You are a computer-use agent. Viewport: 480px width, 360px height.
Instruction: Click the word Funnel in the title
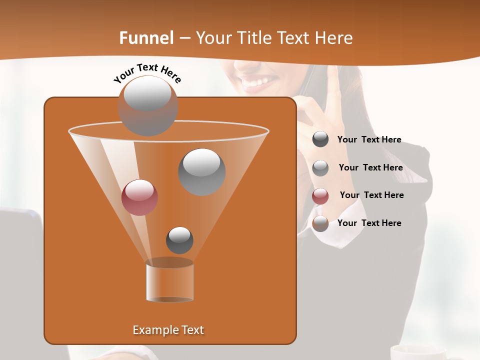click(x=146, y=38)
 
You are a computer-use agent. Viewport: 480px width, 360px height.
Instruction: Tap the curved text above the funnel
click(x=147, y=73)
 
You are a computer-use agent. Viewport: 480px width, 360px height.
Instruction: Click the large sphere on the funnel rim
click(x=147, y=105)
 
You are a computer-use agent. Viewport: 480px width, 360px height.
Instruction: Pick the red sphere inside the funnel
click(x=139, y=197)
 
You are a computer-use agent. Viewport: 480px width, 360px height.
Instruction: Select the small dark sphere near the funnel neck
click(x=179, y=240)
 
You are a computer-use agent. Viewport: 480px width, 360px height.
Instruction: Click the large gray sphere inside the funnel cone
click(x=201, y=172)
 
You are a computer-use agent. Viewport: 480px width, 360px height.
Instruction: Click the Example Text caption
click(x=168, y=330)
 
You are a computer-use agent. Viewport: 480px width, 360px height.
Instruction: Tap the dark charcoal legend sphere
click(x=320, y=139)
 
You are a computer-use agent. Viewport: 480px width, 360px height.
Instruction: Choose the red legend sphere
click(x=320, y=196)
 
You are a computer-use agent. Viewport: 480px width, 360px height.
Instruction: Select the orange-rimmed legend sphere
click(x=320, y=223)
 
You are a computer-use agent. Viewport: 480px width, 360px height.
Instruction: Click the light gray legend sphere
click(x=320, y=168)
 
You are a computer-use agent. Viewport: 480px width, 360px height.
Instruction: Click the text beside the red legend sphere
click(x=371, y=195)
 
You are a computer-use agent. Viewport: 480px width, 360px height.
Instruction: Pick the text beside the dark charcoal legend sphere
click(x=369, y=139)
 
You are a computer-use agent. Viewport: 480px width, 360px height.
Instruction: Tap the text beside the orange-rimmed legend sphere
click(x=369, y=223)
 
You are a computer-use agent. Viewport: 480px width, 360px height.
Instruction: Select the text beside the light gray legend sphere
click(x=370, y=167)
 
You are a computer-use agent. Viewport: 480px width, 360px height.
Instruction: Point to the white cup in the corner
click(x=418, y=352)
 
